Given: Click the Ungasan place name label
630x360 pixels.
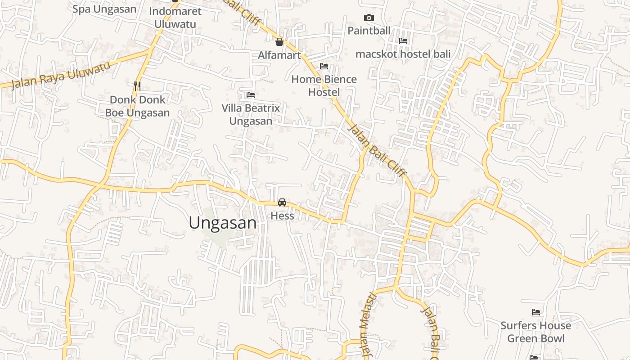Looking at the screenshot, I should click(223, 223).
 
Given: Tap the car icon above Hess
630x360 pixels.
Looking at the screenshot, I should click(282, 202).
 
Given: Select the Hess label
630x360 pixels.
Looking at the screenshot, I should click(282, 216).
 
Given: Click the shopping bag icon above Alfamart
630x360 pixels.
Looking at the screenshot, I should click(279, 42).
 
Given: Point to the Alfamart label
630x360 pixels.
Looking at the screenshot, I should click(279, 55).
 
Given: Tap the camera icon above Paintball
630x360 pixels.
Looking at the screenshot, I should click(369, 18).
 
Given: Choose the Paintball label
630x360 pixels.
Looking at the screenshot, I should click(369, 31).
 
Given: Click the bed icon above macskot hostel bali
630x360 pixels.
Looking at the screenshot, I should click(403, 40).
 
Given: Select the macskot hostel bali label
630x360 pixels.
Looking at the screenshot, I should click(403, 54).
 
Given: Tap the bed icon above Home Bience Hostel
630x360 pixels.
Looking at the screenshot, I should click(324, 66).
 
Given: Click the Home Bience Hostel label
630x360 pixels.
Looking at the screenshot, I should click(324, 85).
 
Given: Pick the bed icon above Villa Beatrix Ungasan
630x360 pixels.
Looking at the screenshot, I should click(251, 95).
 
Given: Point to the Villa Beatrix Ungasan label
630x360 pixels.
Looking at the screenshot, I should click(251, 114).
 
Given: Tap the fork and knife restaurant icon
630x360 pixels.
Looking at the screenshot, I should click(138, 85).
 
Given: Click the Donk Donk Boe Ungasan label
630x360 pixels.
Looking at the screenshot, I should click(138, 106).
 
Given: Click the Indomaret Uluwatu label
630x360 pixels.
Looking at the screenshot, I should click(175, 18).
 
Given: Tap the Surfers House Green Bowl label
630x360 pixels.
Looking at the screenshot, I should click(535, 332).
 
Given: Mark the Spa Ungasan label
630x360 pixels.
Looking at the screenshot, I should click(104, 9).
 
